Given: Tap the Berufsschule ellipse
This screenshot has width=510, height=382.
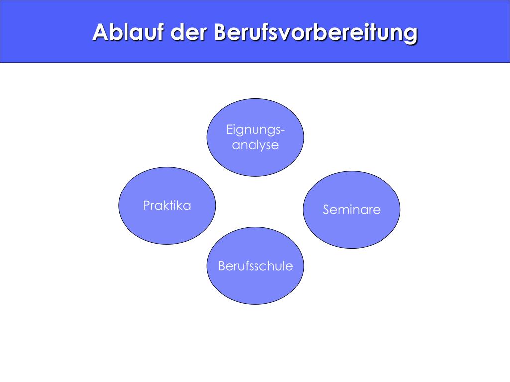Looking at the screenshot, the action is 255,286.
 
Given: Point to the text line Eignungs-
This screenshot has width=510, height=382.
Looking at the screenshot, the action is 255,130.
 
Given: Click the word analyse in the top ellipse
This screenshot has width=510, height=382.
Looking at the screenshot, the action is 255,145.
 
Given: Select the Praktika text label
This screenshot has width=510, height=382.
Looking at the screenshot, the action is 167,205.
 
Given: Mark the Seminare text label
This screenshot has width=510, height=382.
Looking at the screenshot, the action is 352,210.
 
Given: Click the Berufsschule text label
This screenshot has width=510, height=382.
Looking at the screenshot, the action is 255,266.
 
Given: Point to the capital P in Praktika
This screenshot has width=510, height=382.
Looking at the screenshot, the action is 146,205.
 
